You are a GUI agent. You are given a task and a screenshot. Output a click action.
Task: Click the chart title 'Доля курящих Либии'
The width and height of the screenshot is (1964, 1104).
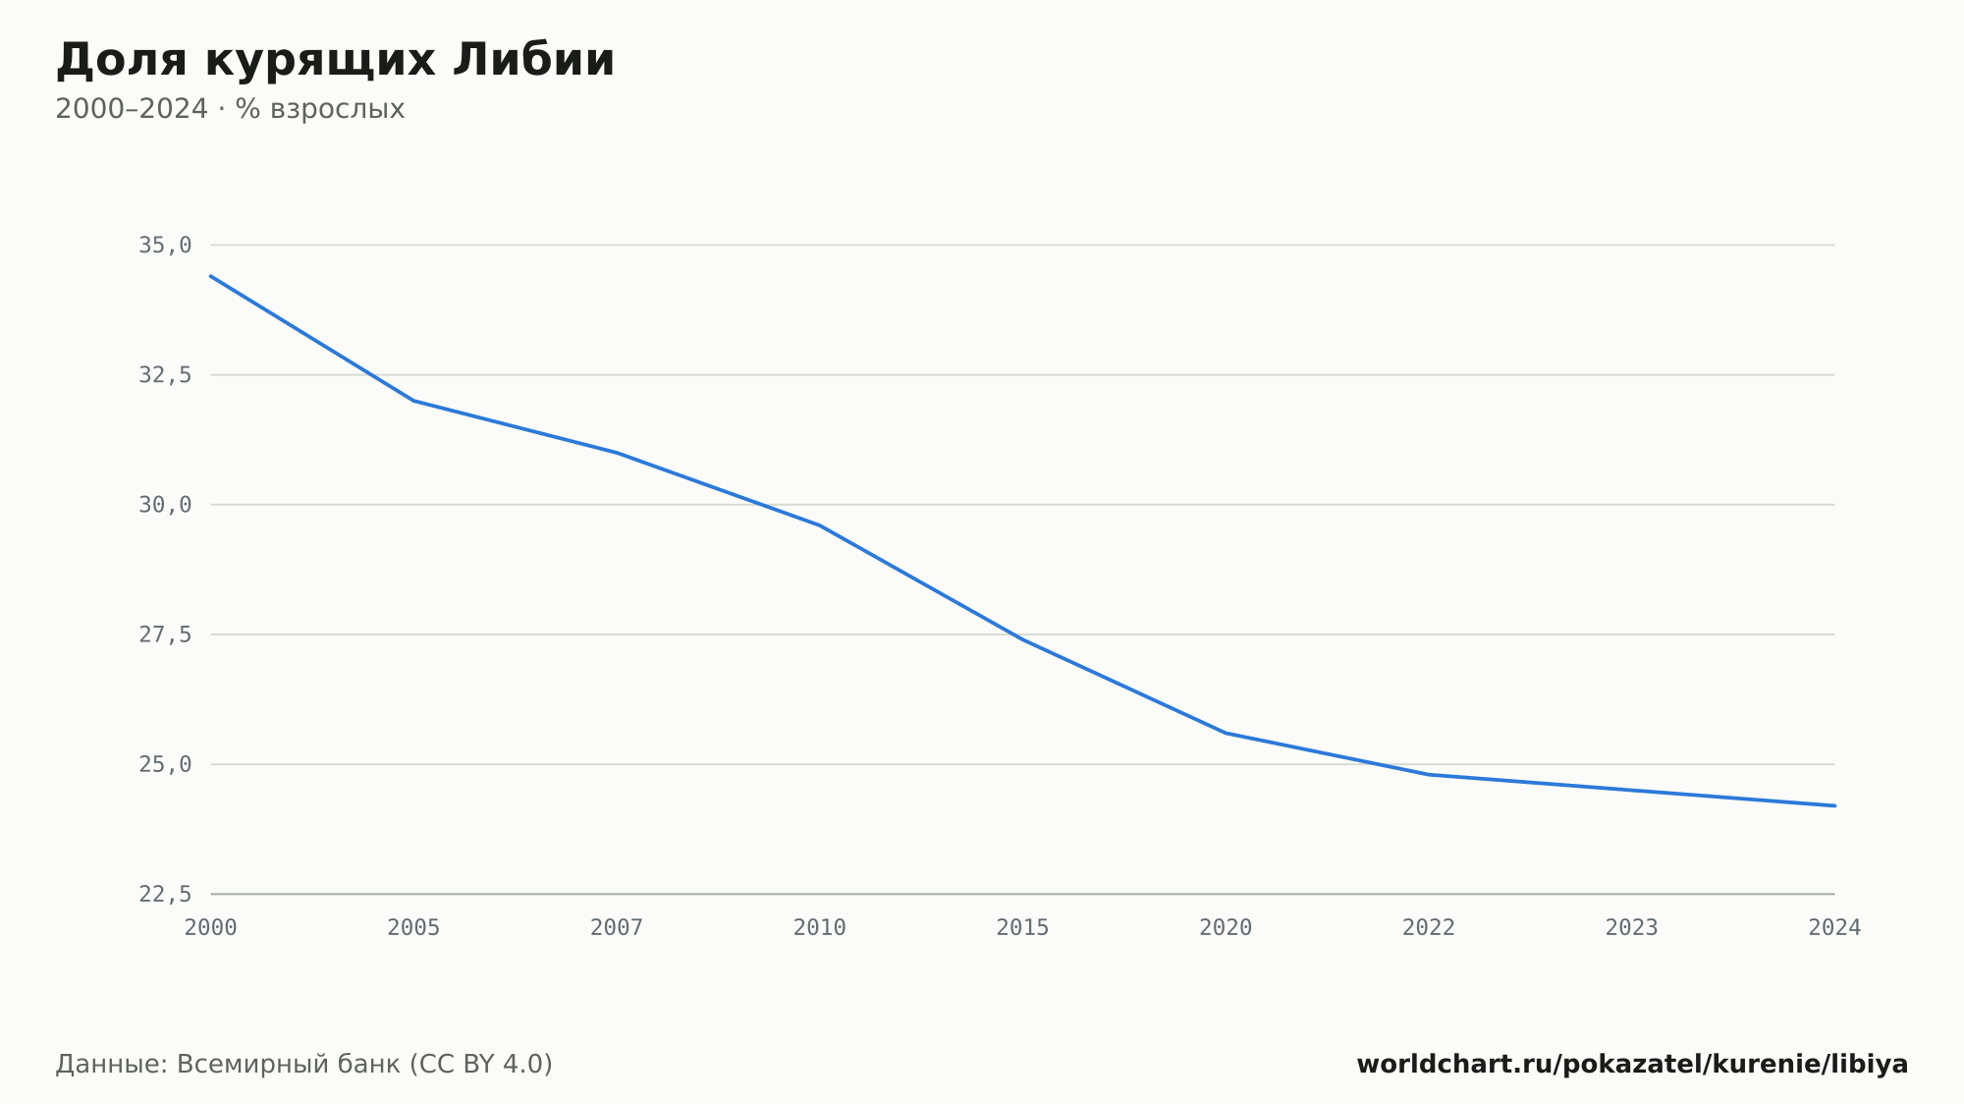point(335,60)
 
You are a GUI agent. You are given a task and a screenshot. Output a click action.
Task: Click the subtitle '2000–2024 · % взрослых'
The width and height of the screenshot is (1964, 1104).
point(230,109)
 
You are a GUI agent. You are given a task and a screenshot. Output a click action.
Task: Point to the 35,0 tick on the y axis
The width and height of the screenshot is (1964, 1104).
point(165,246)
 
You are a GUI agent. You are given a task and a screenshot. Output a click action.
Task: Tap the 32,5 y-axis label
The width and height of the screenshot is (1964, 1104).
point(165,375)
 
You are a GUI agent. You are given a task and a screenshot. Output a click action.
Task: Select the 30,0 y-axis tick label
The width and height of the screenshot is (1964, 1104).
point(165,505)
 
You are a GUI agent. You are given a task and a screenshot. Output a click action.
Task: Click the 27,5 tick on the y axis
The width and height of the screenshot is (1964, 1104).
point(165,635)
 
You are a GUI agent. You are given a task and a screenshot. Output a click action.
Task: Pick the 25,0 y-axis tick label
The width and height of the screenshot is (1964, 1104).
point(165,764)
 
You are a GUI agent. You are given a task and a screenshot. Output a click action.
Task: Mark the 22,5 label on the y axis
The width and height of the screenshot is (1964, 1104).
point(165,894)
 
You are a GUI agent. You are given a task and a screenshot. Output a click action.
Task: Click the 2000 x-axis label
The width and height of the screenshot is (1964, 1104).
point(211,928)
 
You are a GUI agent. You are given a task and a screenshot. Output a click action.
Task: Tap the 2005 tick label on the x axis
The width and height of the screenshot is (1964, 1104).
point(413,928)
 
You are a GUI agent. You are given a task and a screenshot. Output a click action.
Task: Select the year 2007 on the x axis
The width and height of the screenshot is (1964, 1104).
point(617,928)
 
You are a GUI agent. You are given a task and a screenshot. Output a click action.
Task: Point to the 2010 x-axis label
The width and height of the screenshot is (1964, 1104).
point(820,928)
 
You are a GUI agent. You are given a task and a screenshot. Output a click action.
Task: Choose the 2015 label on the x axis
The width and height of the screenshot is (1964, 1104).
point(1022,928)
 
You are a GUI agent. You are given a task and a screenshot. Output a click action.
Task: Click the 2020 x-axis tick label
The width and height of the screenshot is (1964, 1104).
point(1226,928)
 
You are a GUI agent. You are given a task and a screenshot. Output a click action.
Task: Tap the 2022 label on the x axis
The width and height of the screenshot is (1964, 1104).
point(1429,928)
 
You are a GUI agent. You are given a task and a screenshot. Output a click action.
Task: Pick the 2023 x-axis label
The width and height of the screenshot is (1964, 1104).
point(1631,928)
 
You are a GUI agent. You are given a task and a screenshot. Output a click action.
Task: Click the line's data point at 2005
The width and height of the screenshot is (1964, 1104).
point(413,401)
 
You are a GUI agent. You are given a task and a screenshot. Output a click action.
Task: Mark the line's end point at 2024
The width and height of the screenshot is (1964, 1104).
point(1834,805)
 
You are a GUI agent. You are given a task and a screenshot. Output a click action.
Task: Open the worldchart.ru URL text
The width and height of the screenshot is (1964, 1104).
point(1632,1065)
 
